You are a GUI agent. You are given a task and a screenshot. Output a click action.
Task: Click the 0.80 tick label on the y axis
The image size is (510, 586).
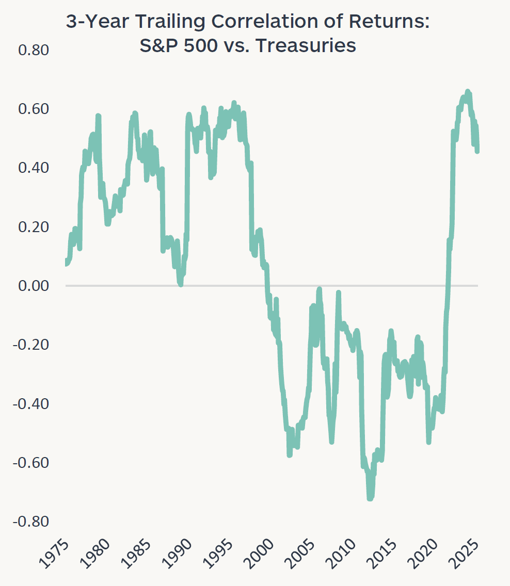pos(33,51)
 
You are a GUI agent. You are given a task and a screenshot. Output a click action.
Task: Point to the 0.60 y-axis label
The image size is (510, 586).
pos(33,109)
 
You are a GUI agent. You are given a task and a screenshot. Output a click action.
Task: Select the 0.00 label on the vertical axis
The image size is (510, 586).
pos(33,286)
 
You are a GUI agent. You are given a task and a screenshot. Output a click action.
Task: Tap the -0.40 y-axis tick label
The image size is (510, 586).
pos(30,403)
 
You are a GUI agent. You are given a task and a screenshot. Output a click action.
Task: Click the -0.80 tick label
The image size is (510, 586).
pos(30,521)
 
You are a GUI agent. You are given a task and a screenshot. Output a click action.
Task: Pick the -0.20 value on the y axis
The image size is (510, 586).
pos(30,345)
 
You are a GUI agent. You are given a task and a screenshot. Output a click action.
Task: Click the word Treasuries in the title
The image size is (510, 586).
pos(306,46)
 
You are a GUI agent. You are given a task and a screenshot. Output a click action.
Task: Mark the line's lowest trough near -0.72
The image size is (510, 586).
pos(370,498)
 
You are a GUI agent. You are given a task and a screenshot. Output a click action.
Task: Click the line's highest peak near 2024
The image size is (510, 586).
pos(468,91)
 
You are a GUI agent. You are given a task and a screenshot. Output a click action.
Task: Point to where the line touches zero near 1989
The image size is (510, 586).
pos(180,284)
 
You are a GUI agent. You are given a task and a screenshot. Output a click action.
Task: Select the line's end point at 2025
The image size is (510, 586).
pos(477,151)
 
